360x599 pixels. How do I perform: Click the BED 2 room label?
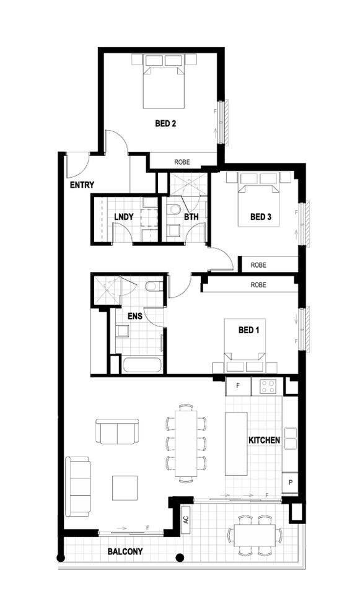[x=165, y=123]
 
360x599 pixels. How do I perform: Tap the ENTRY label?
[x=82, y=185]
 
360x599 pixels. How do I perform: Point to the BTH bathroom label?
[x=191, y=217]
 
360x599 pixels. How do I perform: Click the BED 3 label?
[x=261, y=217]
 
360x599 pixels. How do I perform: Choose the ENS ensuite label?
[x=136, y=316]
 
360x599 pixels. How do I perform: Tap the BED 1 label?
[x=249, y=330]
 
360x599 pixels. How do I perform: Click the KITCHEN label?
[x=265, y=440]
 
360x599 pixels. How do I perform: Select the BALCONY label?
[x=125, y=551]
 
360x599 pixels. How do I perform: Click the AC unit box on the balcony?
[x=185, y=520]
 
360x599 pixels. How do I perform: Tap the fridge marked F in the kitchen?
[x=237, y=387]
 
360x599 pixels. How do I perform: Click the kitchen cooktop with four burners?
[x=268, y=387]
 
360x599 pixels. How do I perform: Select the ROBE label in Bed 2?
[x=182, y=162]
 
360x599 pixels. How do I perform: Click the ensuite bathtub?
[x=143, y=365]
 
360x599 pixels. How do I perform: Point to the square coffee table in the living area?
[x=125, y=488]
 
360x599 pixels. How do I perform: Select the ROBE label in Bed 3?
[x=259, y=265]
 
